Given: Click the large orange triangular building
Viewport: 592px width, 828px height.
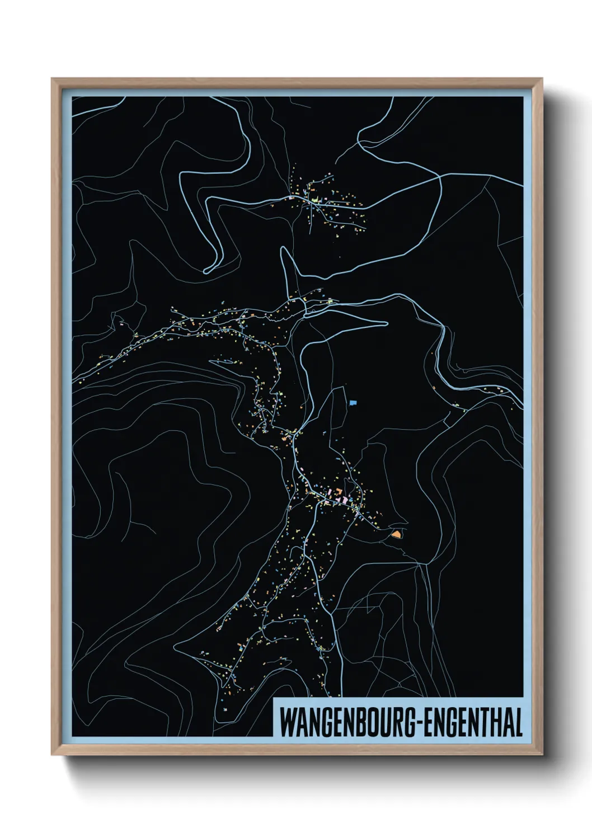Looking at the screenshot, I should click(396, 535).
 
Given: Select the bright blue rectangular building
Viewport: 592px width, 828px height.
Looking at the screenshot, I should click(352, 402).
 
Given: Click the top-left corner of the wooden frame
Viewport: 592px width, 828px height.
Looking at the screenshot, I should click(52, 79).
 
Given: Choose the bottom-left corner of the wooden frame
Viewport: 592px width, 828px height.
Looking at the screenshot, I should click(52, 755).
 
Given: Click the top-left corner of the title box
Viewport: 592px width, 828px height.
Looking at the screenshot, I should click(273, 699).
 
